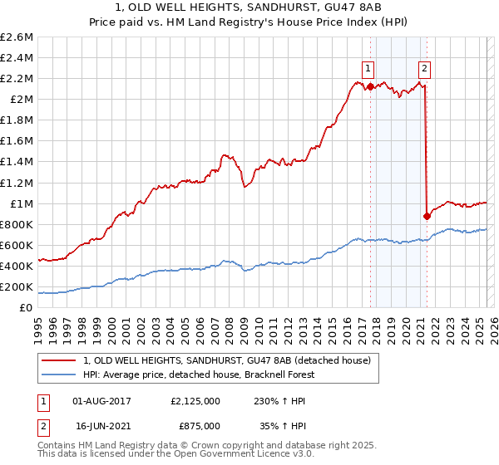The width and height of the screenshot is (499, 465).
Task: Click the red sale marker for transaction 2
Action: click(x=427, y=216)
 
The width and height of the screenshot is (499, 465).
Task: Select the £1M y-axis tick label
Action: click(x=20, y=203)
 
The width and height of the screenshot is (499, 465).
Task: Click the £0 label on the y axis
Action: click(x=25, y=307)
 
